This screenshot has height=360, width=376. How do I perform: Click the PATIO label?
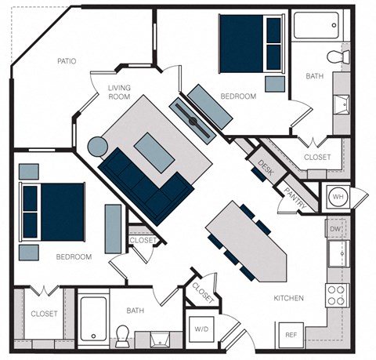coord(67,61)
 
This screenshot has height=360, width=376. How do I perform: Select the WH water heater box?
coord(337,195)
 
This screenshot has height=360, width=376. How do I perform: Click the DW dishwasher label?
coord(336,228)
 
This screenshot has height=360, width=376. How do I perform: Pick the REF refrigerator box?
coord(291,335)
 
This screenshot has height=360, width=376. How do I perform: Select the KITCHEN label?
coord(288,299)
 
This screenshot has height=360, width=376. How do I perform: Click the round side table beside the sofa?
coord(97,147)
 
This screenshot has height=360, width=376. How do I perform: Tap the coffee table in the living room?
coord(154,151)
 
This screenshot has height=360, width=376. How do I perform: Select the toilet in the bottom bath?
coord(122,335)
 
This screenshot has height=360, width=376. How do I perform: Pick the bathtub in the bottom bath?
coord(93,320)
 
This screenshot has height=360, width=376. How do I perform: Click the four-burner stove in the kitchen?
coord(336,295)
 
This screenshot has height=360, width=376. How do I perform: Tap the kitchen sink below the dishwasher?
coord(337,254)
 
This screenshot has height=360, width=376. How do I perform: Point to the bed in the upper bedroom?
coord(250,43)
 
